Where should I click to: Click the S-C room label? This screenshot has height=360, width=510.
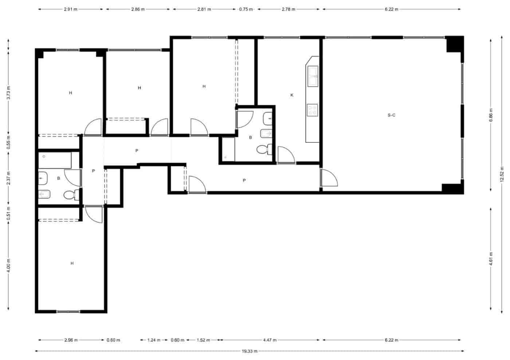coord(391,115)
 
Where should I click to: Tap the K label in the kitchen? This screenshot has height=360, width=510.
coord(292,95)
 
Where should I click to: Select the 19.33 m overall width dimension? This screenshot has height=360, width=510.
coord(250,351)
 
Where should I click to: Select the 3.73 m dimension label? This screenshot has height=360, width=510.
coord(9,93)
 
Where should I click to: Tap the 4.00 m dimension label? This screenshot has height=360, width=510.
coord(9,265)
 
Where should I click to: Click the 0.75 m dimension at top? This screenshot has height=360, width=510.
coord(246,9)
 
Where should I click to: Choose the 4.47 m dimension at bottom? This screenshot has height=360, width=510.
coord(270,340)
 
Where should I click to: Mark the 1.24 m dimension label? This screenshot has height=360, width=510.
coord(153,340)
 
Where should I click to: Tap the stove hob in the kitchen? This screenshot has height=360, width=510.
coord(312,110)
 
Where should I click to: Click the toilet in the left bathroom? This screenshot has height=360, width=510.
coord(70,195)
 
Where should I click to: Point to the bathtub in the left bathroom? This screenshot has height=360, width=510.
coord(55,161)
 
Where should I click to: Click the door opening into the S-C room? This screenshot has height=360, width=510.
coord(329,178)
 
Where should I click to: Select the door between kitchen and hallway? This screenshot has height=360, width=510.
coord(286,155)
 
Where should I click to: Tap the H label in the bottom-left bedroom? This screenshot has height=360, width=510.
coord(72,263)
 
